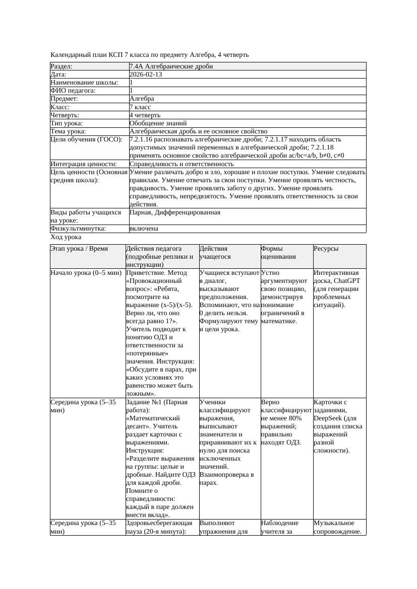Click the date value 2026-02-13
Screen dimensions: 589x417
coord(146,75)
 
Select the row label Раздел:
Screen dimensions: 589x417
coord(62,66)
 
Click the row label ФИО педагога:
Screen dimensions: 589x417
coord(73,91)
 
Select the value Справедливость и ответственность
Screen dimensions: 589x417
coord(182,164)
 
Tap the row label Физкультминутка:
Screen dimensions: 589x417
coord(78,229)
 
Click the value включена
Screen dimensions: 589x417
coord(144,229)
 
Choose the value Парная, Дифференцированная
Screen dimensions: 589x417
coord(174,212)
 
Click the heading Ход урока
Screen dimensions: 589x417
coord(66,237)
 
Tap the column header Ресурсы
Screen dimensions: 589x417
coord(326,249)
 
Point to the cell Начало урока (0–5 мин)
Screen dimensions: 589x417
coord(86,273)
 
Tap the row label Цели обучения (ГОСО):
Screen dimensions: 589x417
coord(86,139)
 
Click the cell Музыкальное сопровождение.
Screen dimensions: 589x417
coord(337,527)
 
